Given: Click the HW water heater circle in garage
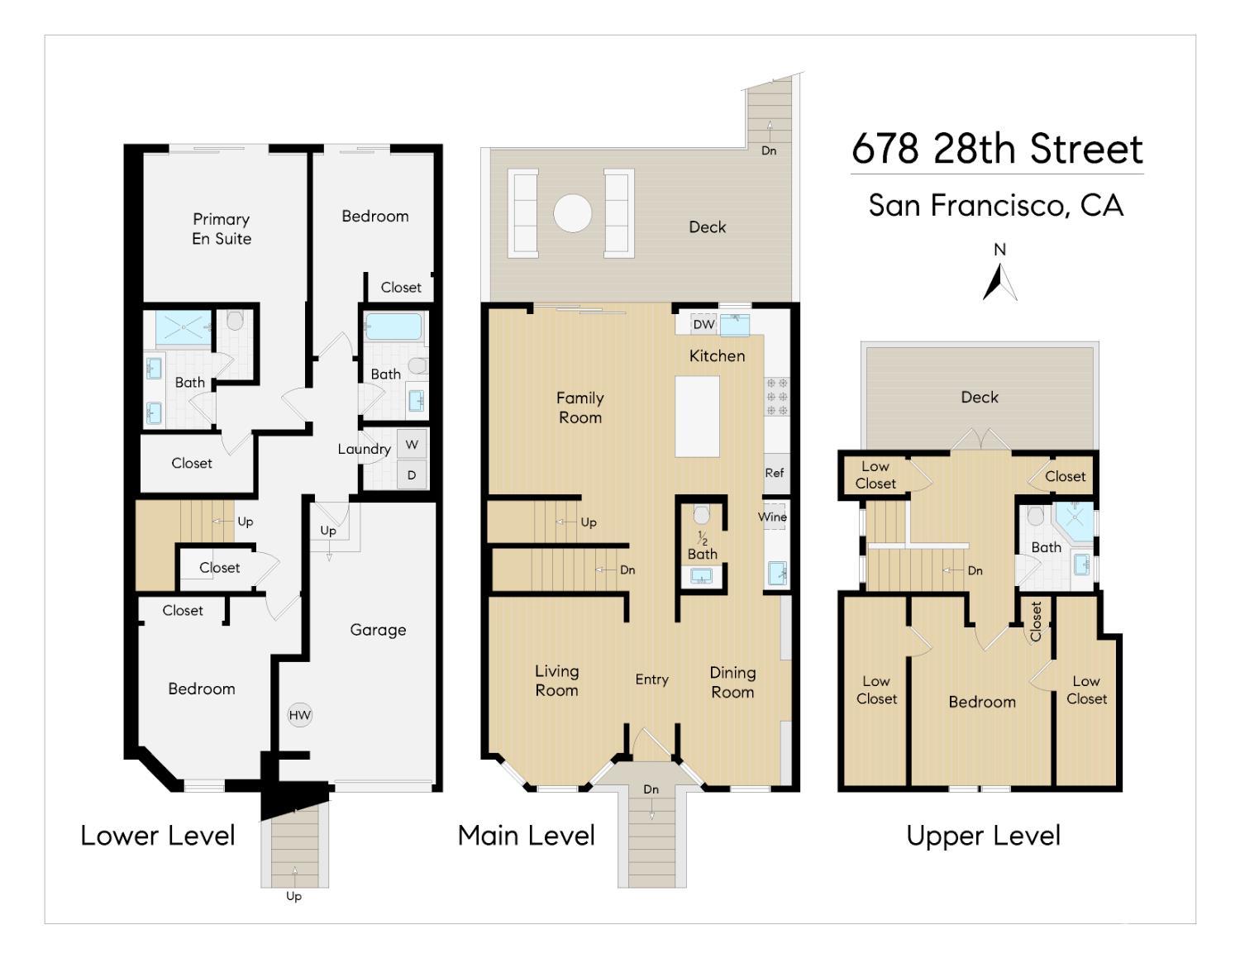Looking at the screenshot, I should pyautogui.click(x=299, y=715).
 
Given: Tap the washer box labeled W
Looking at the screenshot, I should pyautogui.click(x=412, y=445).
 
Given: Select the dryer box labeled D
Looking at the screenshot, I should pyautogui.click(x=412, y=475).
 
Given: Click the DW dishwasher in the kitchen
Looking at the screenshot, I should pyautogui.click(x=703, y=325).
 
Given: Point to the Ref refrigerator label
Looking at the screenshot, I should pyautogui.click(x=775, y=473).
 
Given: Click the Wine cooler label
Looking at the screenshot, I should pyautogui.click(x=772, y=517).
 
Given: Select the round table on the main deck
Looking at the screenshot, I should pyautogui.click(x=572, y=213).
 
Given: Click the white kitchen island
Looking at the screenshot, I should pyautogui.click(x=697, y=417).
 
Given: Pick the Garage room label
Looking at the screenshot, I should pyautogui.click(x=378, y=630).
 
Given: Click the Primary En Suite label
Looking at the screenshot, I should pyautogui.click(x=222, y=229).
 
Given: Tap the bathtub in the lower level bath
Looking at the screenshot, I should pyautogui.click(x=393, y=326).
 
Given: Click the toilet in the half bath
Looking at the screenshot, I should pyautogui.click(x=702, y=515).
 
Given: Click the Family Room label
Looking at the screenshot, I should pyautogui.click(x=580, y=408).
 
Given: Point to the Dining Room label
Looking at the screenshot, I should pyautogui.click(x=732, y=682).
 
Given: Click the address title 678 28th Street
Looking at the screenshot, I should pyautogui.click(x=997, y=149).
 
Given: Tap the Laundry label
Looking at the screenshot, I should pyautogui.click(x=364, y=449).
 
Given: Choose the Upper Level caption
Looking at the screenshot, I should pyautogui.click(x=983, y=836).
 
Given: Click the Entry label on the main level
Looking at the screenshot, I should pyautogui.click(x=651, y=679).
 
